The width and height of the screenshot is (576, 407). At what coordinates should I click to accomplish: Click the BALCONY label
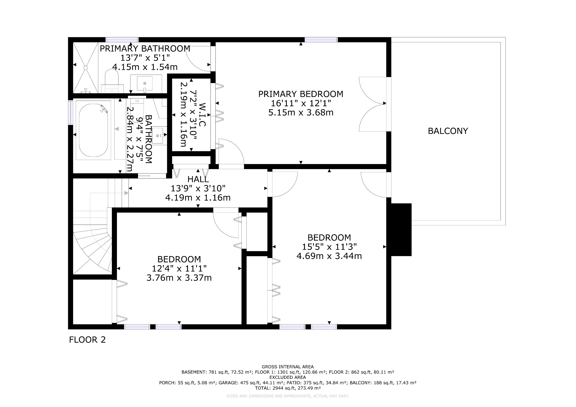pos(448,131)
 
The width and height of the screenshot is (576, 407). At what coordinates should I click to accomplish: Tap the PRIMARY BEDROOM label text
pos(301,94)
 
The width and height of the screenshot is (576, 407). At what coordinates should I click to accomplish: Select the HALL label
pos(198,179)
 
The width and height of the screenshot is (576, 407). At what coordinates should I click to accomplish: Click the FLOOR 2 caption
pos(87,340)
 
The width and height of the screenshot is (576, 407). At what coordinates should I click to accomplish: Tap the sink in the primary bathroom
pos(145,83)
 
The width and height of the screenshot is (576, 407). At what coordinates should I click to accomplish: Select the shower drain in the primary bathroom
pos(85,67)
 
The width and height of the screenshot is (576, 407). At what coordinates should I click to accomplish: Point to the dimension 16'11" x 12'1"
pos(301,103)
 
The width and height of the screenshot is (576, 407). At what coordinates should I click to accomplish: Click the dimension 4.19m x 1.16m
pos(198,198)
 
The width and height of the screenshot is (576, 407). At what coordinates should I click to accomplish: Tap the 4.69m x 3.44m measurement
pos(329,256)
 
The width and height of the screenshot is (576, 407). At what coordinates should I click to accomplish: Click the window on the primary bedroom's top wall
pos(321,40)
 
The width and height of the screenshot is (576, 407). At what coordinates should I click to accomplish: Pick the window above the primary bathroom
pos(122,40)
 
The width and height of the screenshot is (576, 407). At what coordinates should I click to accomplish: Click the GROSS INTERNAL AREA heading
pos(288,367)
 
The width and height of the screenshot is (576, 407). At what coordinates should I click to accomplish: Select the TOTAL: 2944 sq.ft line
pos(288,388)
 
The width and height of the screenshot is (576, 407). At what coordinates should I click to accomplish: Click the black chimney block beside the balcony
pos(401,230)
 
